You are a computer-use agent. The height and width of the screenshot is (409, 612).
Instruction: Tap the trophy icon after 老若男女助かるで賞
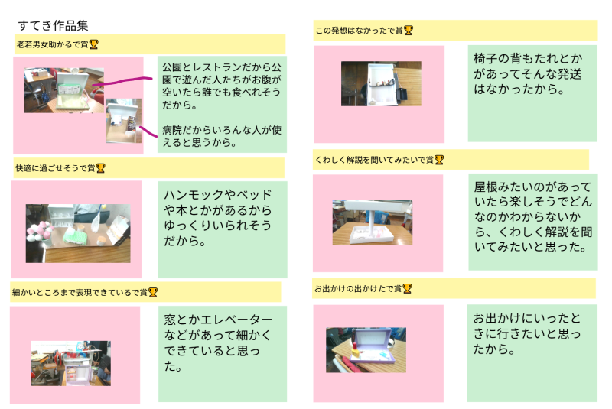93,44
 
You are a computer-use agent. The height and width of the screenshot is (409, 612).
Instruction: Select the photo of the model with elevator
70,363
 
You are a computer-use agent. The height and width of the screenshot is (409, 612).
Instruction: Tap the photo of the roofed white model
372,222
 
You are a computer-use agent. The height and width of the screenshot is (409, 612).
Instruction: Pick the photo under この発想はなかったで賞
380,83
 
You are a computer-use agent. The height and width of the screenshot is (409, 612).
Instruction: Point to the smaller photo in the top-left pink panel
123,120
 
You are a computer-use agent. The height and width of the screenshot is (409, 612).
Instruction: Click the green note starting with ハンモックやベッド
222,229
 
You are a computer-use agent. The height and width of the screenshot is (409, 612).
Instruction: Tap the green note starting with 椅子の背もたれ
532,93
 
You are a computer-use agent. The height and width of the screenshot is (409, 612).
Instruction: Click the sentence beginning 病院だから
215,136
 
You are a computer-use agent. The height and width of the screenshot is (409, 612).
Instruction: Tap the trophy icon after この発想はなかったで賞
409,31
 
